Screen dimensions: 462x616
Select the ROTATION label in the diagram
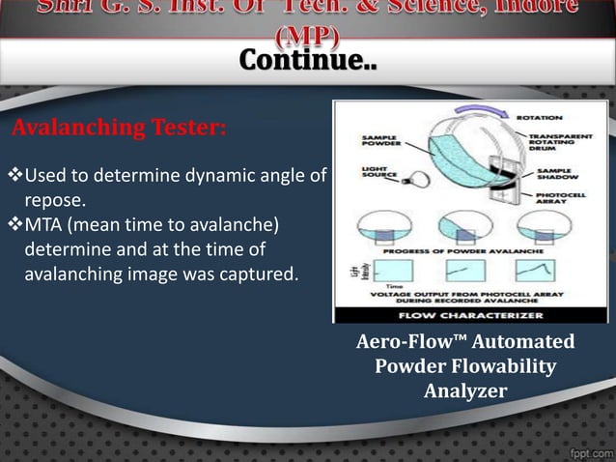click(539, 117)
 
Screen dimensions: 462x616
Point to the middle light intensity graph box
click(459, 271)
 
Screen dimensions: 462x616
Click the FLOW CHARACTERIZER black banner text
click(468, 314)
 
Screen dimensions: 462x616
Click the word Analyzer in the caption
click(464, 390)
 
